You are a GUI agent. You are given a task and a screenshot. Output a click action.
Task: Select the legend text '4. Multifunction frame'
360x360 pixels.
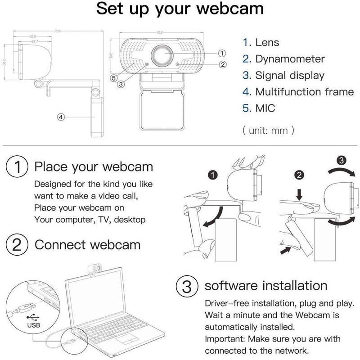tap(298, 92)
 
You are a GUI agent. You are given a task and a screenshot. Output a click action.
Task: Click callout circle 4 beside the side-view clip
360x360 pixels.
tap(62, 117)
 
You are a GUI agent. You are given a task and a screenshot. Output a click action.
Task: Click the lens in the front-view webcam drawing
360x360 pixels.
tap(162, 56)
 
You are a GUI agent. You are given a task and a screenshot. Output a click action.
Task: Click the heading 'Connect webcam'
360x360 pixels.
tap(88, 245)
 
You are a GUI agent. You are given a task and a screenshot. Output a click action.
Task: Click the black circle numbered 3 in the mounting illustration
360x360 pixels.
tap(342, 160)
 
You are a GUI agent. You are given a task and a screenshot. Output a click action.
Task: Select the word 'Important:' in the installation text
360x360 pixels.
tap(223, 338)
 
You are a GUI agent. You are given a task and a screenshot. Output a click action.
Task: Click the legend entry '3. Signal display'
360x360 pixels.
tap(283, 76)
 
